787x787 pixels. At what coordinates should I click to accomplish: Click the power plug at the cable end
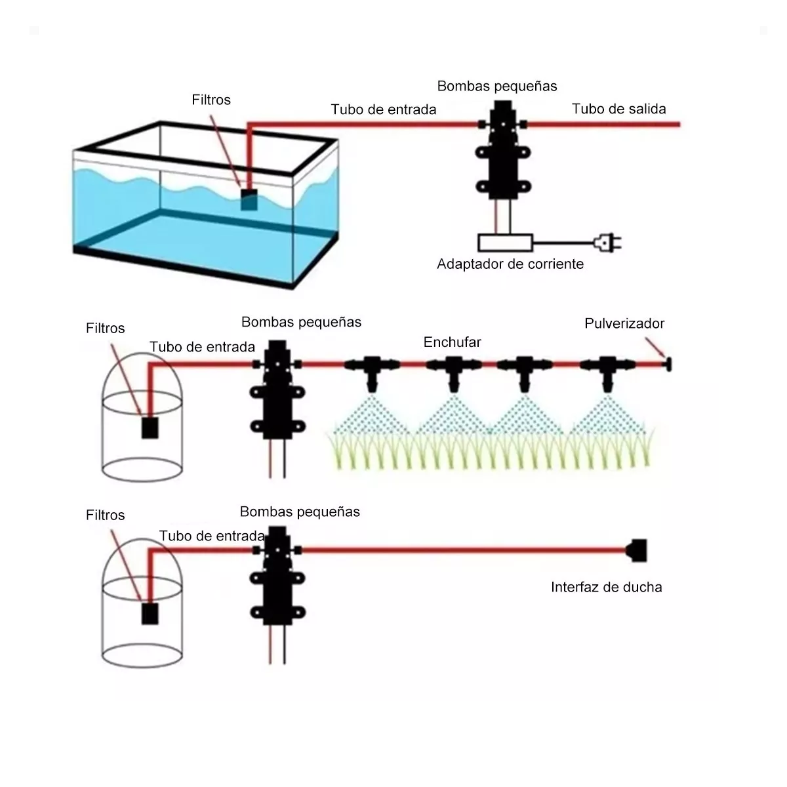click(607, 243)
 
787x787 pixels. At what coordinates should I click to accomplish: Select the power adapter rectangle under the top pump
click(506, 243)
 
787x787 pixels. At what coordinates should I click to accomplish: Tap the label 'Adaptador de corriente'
click(510, 264)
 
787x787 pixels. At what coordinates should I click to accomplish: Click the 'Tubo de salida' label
click(618, 109)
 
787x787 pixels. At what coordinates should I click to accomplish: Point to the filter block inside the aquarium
click(250, 199)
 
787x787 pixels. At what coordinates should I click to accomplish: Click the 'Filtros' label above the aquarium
click(211, 100)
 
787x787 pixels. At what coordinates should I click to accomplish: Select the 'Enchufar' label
click(452, 342)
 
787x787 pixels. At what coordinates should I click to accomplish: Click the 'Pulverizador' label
click(624, 323)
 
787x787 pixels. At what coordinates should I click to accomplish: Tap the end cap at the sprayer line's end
click(669, 364)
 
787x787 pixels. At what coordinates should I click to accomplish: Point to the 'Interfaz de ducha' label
click(606, 587)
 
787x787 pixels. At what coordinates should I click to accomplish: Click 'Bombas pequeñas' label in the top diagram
click(496, 86)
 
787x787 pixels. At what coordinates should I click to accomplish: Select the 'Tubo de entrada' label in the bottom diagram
click(211, 536)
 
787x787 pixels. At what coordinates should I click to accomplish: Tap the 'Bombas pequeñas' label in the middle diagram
click(301, 322)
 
